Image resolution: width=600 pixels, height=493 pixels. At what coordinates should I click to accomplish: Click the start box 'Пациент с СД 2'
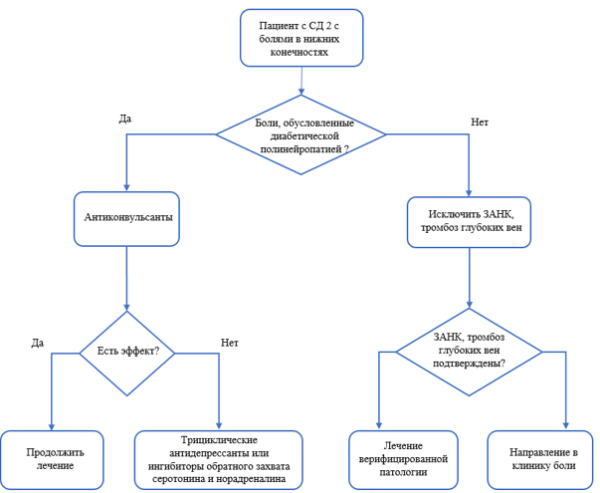coord(301,38)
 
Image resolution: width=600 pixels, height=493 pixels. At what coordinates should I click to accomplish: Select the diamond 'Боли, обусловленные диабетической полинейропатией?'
coord(301,134)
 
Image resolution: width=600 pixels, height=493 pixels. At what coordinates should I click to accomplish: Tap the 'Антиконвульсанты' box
coord(126,219)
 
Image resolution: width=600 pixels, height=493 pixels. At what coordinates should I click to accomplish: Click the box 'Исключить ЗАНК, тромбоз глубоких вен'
coord(469,222)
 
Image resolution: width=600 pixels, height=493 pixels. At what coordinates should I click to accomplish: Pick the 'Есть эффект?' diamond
coord(127,353)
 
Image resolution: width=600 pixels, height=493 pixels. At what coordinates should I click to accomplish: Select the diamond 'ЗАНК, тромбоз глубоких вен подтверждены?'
coord(469,352)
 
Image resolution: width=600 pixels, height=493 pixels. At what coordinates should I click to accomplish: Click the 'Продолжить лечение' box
coord(52,460)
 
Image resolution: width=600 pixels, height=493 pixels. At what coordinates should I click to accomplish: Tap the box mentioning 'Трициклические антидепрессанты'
coord(219,460)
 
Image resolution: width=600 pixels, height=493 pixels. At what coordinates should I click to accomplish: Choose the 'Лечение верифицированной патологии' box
coord(403,460)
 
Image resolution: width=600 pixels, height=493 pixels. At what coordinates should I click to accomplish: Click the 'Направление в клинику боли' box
coord(540,460)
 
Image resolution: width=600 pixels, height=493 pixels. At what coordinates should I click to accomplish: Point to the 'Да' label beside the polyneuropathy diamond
coord(125,119)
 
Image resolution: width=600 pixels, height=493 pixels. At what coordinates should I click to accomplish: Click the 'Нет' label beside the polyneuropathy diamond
coord(480,123)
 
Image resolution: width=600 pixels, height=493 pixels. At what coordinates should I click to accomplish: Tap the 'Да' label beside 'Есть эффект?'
coord(38,343)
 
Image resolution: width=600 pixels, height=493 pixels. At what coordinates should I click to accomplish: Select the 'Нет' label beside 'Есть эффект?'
coord(230,343)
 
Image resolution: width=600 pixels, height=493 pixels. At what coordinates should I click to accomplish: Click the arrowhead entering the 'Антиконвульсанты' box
coord(126,187)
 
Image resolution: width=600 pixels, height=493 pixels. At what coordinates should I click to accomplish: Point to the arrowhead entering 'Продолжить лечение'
coord(52,427)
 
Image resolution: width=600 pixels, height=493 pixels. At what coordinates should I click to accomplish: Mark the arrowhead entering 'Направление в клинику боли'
coord(566,425)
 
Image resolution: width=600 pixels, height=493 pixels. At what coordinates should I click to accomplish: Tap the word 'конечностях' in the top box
coord(300,52)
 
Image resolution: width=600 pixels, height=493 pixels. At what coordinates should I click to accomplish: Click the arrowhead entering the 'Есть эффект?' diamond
coord(126,307)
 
